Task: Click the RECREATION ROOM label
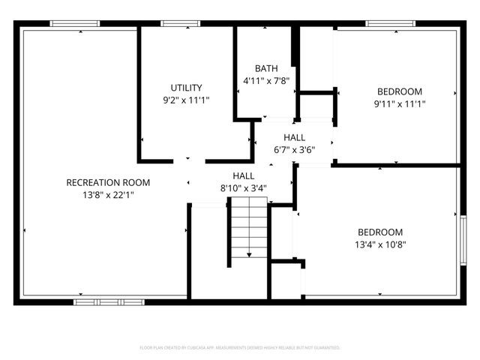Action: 108,182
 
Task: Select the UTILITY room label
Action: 186,87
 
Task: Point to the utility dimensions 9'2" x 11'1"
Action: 186,99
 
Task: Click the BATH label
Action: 266,67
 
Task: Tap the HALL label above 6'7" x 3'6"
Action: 294,136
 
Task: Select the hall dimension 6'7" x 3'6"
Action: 294,148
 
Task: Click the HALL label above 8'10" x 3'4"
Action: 244,175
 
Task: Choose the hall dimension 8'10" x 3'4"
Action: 244,187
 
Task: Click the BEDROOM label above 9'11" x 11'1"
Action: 399,91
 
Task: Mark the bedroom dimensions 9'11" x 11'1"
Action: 399,103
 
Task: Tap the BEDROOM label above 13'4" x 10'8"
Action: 379,232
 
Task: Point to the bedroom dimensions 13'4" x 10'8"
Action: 379,244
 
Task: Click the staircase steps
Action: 248,229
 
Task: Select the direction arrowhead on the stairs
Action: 249,256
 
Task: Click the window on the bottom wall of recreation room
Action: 109,301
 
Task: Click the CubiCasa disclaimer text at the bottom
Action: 240,348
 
